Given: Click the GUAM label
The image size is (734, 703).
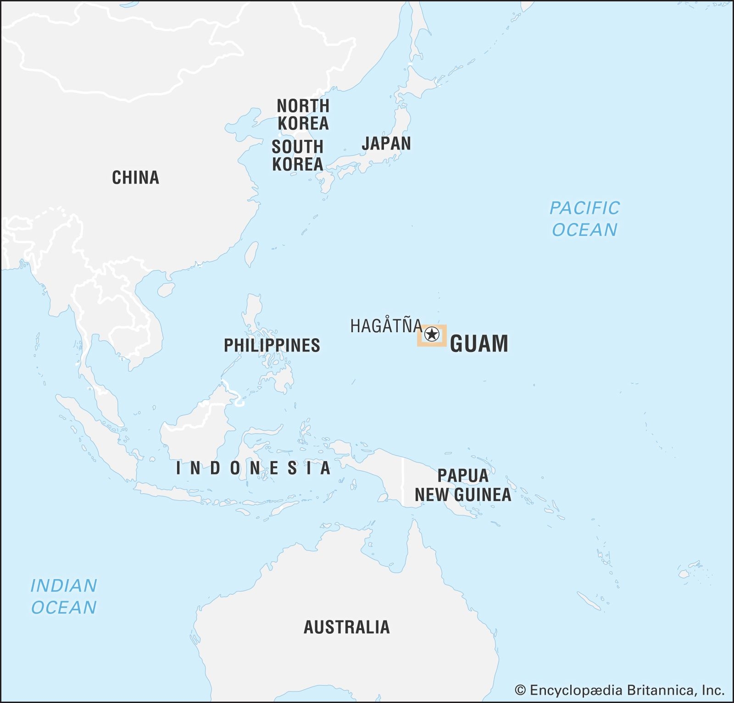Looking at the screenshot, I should (x=479, y=344).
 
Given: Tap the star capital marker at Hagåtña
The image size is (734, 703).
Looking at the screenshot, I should (x=431, y=335).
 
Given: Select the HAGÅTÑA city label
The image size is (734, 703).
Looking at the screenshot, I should (x=386, y=326).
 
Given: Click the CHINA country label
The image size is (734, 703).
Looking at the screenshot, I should (x=135, y=178).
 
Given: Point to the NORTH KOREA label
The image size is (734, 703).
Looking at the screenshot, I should (x=303, y=115).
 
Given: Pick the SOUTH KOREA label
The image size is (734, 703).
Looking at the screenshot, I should (x=297, y=156).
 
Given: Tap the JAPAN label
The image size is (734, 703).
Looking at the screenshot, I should (x=386, y=143).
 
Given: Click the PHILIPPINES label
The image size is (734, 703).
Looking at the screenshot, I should (x=272, y=346).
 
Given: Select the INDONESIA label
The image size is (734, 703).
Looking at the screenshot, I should (x=253, y=468).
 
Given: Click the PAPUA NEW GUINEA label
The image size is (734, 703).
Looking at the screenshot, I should (x=462, y=485).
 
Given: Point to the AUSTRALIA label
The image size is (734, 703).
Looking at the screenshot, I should (x=346, y=627).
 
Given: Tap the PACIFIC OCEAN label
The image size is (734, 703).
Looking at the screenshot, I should (x=584, y=219).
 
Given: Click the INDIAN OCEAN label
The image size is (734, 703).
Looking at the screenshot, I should (x=64, y=597).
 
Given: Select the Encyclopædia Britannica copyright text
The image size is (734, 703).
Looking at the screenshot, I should (x=619, y=690).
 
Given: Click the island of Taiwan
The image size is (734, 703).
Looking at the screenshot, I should (x=251, y=254).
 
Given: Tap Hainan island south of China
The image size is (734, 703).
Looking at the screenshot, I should (x=166, y=290).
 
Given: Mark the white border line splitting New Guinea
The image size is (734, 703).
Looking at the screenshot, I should (x=403, y=480).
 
